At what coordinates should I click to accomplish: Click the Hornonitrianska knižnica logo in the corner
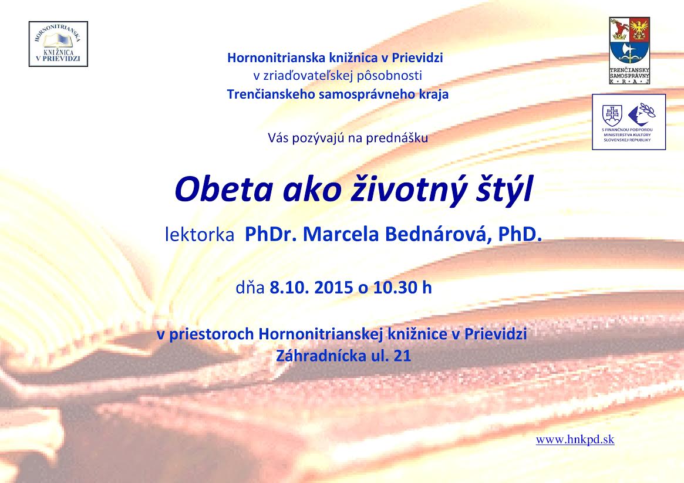(59, 44)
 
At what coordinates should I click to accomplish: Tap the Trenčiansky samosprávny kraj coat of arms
(629, 50)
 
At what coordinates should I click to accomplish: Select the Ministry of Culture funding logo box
(629, 122)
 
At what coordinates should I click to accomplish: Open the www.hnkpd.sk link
(575, 440)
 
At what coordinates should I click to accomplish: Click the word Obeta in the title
(223, 189)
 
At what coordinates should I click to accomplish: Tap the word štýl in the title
(504, 189)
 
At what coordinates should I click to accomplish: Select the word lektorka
(200, 235)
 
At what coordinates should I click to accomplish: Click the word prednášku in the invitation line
(396, 138)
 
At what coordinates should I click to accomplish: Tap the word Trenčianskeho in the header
(271, 94)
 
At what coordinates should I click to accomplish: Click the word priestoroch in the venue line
(211, 335)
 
